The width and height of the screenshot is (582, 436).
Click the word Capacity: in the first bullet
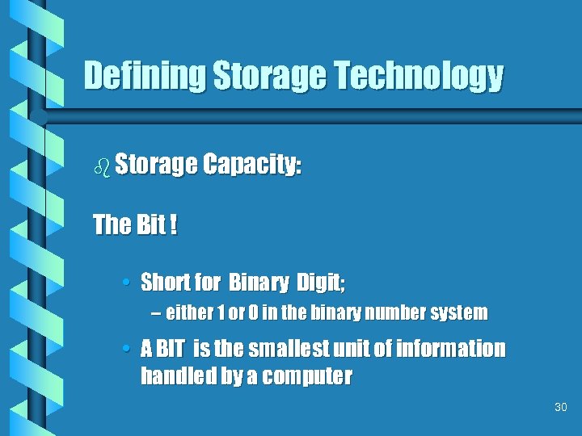[x=251, y=165]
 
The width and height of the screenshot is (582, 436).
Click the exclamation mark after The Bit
[x=174, y=224]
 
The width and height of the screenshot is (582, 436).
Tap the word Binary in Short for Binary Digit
[x=259, y=283]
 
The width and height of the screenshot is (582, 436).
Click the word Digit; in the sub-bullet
[x=320, y=283]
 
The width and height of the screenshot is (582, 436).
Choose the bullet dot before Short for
[x=129, y=283]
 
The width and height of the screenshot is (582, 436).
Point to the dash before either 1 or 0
[x=155, y=312]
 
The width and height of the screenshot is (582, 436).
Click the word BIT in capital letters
[x=170, y=349]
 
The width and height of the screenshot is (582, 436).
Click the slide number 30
[x=561, y=408]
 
